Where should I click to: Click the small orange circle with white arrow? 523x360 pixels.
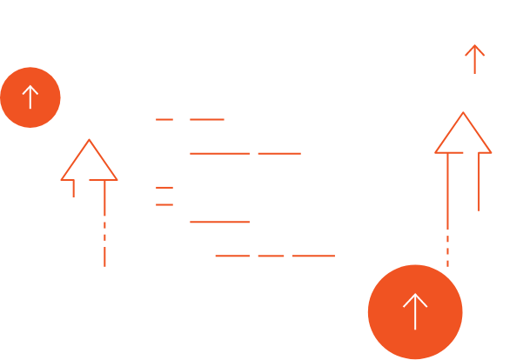pyautogui.click(x=30, y=97)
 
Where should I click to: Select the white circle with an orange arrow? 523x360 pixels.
pyautogui.click(x=473, y=60)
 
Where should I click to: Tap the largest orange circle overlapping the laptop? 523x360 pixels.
pyautogui.click(x=415, y=310)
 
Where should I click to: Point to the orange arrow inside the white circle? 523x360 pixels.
pyautogui.click(x=473, y=59)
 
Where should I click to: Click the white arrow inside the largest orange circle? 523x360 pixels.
pyautogui.click(x=415, y=310)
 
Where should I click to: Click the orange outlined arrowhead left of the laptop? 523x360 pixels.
pyautogui.click(x=89, y=162)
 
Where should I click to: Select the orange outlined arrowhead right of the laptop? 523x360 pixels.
pyautogui.click(x=463, y=136)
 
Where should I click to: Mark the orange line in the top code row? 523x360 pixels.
pyautogui.click(x=207, y=119)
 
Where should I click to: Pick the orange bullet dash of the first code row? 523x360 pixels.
pyautogui.click(x=164, y=119)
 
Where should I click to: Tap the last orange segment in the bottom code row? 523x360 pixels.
pyautogui.click(x=313, y=256)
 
